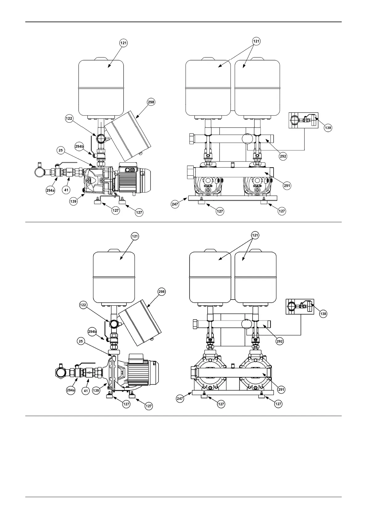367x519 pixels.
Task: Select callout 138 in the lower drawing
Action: [323, 314]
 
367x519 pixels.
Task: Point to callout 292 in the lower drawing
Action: [280, 341]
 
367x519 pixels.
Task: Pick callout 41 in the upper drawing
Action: [66, 190]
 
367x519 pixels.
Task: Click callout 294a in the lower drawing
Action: [71, 390]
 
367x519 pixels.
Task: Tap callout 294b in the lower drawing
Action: [92, 332]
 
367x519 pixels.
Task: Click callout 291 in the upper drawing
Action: [287, 186]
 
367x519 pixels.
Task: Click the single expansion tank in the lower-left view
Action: [114, 277]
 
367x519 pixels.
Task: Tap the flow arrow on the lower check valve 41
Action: [89, 373]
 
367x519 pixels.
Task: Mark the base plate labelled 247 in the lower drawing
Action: [233, 392]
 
